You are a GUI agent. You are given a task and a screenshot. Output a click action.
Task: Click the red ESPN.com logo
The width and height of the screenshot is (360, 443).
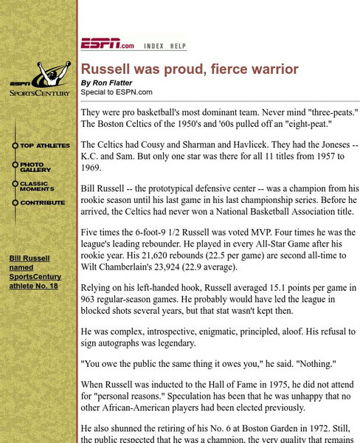point(108,44)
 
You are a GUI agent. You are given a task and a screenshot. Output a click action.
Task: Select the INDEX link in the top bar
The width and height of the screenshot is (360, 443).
point(154,46)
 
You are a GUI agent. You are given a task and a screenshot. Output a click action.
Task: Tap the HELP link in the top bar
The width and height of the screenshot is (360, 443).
point(179,46)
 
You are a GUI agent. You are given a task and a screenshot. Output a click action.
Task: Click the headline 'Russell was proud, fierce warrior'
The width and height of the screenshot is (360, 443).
point(190,69)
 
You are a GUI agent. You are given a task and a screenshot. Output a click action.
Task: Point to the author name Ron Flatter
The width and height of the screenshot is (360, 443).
point(112,83)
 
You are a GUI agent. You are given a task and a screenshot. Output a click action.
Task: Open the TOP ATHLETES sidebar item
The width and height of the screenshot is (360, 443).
point(44,146)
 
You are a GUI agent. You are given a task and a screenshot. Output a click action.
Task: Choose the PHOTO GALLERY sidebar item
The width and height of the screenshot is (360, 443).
point(36,167)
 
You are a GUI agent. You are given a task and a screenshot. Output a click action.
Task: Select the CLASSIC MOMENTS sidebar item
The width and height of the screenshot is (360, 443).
point(38,186)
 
